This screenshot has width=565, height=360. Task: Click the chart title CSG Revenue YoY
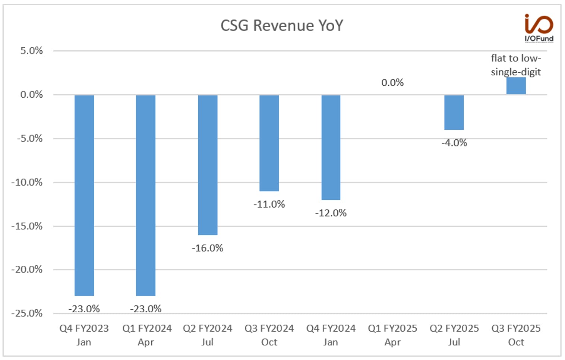[x=282, y=25]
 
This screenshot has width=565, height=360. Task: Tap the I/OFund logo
[x=539, y=28]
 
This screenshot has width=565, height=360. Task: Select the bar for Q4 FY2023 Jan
[x=84, y=196]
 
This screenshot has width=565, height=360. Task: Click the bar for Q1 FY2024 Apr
[x=146, y=196]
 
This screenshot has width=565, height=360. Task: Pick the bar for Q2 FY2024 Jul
[x=208, y=165]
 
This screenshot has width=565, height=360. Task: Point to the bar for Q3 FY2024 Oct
[x=269, y=143]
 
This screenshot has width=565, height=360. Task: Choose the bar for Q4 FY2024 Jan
[x=331, y=148]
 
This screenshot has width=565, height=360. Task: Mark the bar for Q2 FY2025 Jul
[x=454, y=113]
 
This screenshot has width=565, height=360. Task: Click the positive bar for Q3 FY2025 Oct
[x=516, y=86]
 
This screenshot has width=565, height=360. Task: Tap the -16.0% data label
[x=207, y=248]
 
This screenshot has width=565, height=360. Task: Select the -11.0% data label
[x=269, y=204]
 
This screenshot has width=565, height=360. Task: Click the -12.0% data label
[x=331, y=213]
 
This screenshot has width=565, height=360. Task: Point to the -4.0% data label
[x=454, y=143]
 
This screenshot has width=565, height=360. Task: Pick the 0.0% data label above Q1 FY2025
[x=392, y=83]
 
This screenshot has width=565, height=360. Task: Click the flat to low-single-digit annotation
[x=516, y=65]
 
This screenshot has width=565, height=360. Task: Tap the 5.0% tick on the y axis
[x=32, y=51]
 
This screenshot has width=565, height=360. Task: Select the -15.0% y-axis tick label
[x=27, y=226]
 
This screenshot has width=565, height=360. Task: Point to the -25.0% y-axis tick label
[x=27, y=313]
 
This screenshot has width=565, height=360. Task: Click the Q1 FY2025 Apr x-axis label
[x=392, y=335]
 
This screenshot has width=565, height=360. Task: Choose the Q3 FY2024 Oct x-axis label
[x=269, y=335]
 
